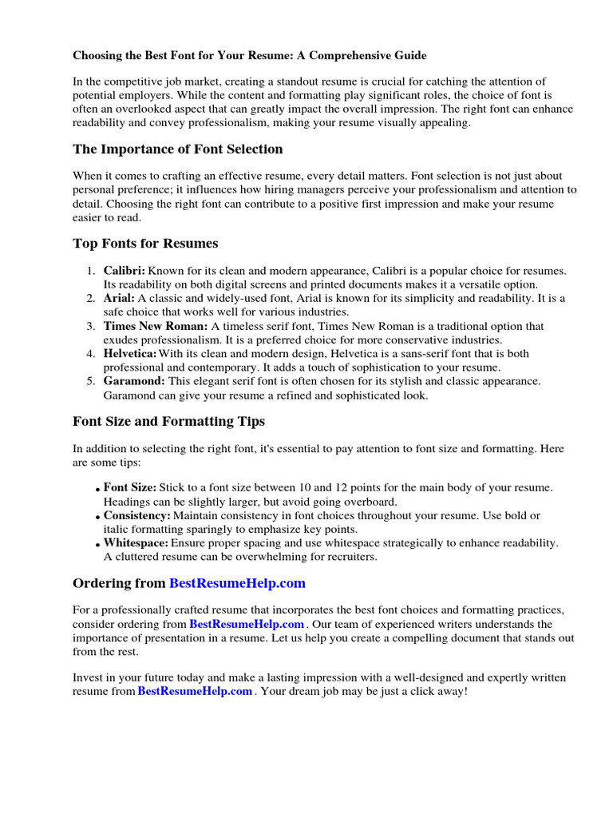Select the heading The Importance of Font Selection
pos(177,149)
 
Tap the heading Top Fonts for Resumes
pos(145,243)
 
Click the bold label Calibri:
pos(124,272)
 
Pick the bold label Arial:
pos(119,299)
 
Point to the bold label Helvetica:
pos(130,354)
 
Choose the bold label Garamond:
pos(133,381)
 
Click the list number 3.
pos(91,326)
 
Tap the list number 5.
pos(91,381)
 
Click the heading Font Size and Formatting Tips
pos(168,421)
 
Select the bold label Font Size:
pos(130,487)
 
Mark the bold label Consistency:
pos(136,516)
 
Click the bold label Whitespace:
pos(136,543)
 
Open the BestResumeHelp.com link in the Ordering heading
pos(237,583)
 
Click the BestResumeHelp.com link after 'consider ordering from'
pos(247,624)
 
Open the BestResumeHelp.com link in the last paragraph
pos(195,692)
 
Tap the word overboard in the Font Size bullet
pos(370,502)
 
